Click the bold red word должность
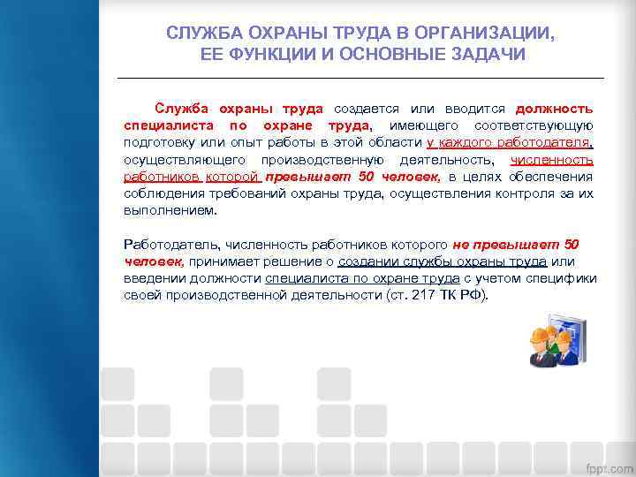click(554, 109)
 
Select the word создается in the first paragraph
click(364, 109)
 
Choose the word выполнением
click(169, 210)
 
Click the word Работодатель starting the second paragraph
click(171, 245)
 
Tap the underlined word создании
click(370, 261)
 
